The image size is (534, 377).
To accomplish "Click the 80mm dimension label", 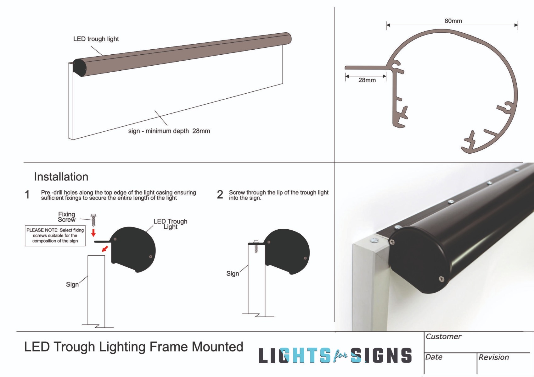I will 453,21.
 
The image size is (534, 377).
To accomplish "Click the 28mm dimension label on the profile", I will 367,80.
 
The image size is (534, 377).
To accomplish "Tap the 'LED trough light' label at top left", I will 96,39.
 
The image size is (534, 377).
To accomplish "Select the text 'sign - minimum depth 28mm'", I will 169,131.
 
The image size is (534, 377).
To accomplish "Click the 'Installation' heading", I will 61,177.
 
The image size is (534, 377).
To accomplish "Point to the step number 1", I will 27,195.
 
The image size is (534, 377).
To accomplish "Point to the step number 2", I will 220,195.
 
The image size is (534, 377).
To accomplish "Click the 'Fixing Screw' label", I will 67,217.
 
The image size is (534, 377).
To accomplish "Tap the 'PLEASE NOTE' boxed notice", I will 55,236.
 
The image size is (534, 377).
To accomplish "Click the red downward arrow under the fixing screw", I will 93,233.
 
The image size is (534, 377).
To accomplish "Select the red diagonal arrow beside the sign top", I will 105,249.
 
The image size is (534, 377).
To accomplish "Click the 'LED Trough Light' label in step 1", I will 170,224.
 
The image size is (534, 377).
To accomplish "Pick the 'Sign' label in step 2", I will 233,274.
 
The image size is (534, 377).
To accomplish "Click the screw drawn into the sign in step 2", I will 256,247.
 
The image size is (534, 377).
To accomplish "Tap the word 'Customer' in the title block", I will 443,337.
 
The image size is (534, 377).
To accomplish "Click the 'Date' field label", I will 434,357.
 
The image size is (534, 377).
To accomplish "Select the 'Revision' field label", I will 494,358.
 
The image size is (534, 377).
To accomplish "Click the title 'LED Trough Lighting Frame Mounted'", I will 134,347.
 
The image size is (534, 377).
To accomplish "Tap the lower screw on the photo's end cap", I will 442,279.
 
